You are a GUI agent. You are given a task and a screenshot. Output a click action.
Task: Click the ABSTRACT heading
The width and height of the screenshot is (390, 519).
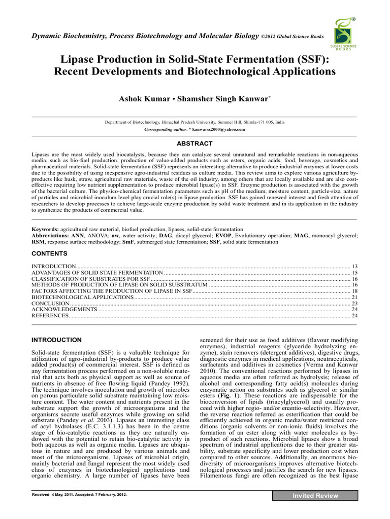coord(194,143)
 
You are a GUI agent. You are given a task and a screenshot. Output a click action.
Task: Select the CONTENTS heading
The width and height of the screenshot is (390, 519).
coord(49,253)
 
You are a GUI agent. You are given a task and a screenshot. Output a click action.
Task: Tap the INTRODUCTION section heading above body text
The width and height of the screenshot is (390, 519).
coord(56,339)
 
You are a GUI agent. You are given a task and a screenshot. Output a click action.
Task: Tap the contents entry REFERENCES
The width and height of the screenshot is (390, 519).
coord(50,316)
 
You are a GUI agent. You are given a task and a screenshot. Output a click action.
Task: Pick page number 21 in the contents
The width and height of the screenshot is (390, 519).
coord(355,297)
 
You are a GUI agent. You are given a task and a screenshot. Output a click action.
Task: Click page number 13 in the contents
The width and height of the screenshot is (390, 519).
coord(355,266)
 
